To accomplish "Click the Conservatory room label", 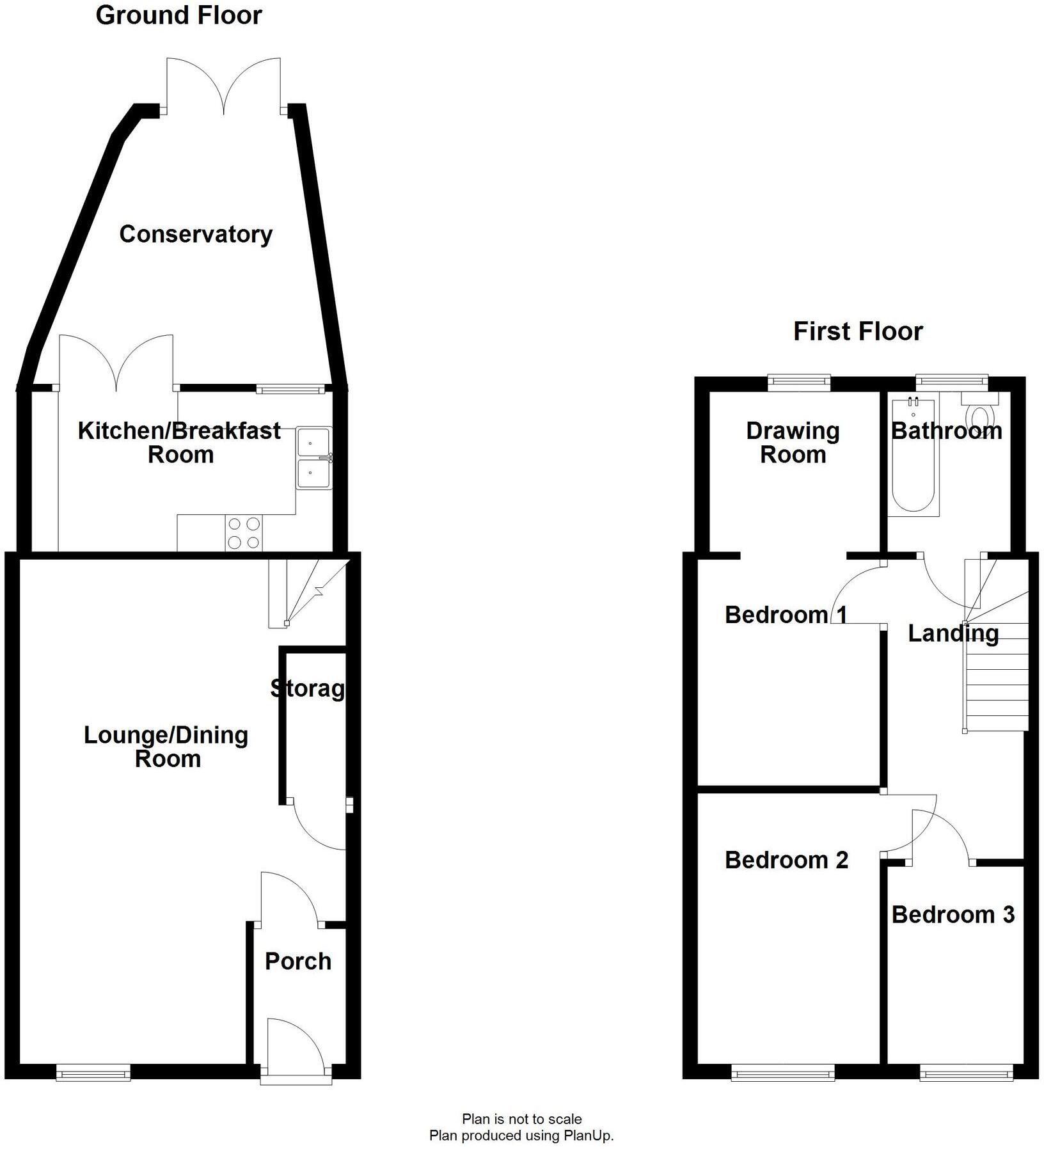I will [x=196, y=234].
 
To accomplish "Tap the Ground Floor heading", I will [x=178, y=15].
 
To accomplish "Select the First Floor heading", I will [x=858, y=331].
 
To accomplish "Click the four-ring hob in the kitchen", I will [x=244, y=533].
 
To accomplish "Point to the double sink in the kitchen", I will [x=313, y=459].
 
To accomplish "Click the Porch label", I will [x=298, y=961].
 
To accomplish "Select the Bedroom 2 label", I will [x=786, y=860].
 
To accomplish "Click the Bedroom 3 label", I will [x=953, y=914].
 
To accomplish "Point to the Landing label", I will [x=953, y=633].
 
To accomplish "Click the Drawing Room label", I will [x=793, y=443].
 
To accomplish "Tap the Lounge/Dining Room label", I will [x=166, y=747].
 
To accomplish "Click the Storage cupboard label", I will [x=308, y=688].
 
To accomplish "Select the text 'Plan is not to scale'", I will [x=521, y=1119].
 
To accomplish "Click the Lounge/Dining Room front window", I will [x=93, y=1072].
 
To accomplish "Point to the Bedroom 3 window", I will [x=966, y=1072].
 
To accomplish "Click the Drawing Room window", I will [x=799, y=383].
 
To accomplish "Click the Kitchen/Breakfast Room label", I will [x=179, y=443].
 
